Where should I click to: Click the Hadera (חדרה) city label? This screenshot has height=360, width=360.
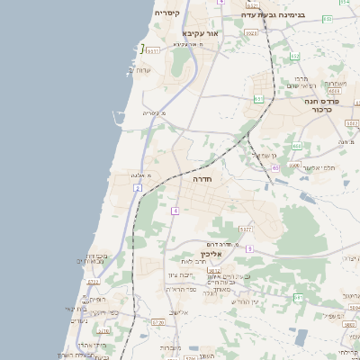[x=200, y=179]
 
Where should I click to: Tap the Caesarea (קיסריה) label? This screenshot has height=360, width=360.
[x=167, y=13]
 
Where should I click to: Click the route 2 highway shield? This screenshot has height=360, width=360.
[x=138, y=187]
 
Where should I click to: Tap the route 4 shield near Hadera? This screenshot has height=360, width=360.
[x=175, y=211]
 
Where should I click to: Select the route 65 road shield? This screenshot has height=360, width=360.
[x=275, y=167]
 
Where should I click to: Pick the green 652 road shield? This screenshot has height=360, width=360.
[x=295, y=57]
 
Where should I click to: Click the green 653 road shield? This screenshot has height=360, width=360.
[x=258, y=99]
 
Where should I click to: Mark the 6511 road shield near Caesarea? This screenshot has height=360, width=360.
[x=153, y=51]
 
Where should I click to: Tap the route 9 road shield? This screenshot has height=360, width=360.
[x=249, y=247]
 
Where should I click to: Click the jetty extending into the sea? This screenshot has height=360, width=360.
[x=116, y=115]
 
